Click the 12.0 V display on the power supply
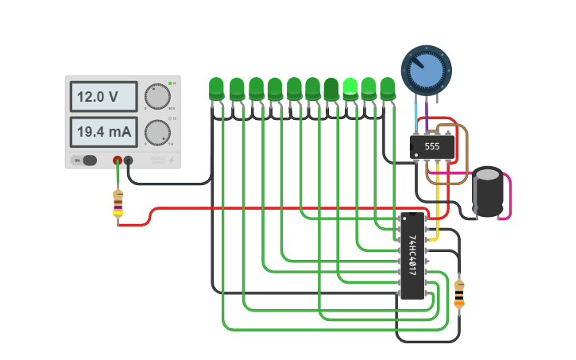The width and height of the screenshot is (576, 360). (103, 97)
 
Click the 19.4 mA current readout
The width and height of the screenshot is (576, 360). (103, 131)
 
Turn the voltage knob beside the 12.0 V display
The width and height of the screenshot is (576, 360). (158, 96)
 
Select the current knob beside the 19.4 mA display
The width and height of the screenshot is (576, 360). (157, 132)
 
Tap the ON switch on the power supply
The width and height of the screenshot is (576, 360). (85, 160)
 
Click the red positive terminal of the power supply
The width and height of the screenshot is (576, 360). (118, 160)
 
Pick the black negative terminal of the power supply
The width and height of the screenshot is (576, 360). (128, 160)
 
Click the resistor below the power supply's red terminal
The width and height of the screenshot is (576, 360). (118, 203)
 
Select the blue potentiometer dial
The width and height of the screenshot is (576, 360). (426, 68)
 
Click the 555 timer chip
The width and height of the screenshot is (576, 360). (432, 146)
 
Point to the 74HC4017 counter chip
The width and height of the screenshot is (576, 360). (412, 255)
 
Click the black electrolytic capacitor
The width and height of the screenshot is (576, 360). (488, 192)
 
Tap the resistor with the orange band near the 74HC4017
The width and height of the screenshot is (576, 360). (459, 294)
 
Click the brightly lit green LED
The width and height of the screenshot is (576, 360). (350, 87)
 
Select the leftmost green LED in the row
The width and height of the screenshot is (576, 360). (216, 88)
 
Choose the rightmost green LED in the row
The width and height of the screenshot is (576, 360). (388, 88)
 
